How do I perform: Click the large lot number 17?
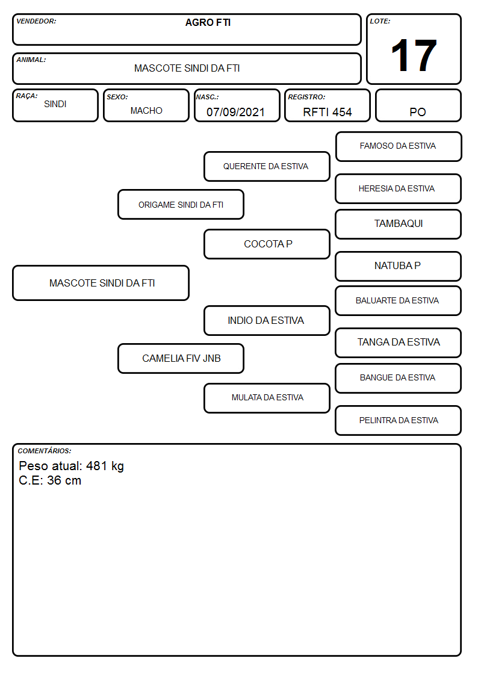414,55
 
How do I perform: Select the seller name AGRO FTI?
208,22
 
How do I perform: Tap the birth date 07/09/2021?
235,112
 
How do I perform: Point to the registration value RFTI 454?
327,112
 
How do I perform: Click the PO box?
418,105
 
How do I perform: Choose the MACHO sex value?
146,111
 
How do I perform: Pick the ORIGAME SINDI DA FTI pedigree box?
181,204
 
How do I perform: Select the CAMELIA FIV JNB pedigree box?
181,358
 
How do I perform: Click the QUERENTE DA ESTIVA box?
267,166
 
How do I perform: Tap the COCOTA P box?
267,244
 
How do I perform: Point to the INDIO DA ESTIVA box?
267,320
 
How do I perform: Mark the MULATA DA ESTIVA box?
267,398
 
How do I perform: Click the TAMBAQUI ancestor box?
399,224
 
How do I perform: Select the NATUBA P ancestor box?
399,266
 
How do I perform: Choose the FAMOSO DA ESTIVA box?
399,147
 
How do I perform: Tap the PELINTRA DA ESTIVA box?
399,420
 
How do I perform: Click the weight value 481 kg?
105,467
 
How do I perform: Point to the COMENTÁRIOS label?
45,451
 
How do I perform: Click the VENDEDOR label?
36,21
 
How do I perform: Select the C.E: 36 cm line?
50,480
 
